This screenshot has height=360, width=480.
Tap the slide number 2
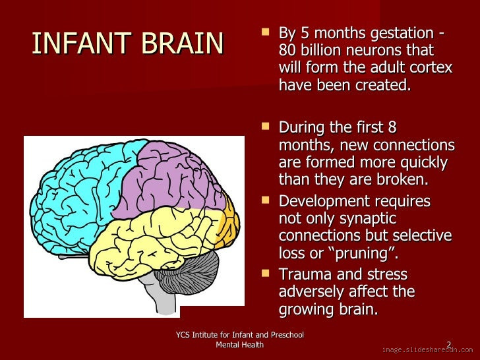(449, 344)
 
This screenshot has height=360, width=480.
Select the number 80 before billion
(287, 50)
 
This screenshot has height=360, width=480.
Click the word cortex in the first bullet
(431, 67)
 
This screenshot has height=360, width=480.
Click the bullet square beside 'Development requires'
(266, 198)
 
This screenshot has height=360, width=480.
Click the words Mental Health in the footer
(240, 345)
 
